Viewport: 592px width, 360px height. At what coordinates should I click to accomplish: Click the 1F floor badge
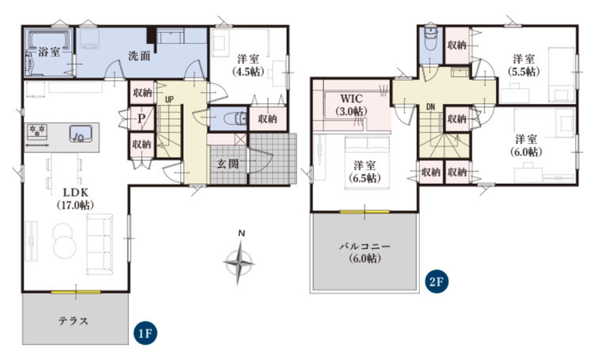pyautogui.click(x=146, y=334)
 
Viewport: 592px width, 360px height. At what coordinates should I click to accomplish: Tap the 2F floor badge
pyautogui.click(x=438, y=282)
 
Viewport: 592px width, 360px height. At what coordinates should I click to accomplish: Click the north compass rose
pyautogui.click(x=239, y=259)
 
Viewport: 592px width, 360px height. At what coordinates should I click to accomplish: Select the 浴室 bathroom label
pyautogui.click(x=49, y=52)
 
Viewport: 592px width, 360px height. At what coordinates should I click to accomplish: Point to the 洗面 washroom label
pyautogui.click(x=139, y=56)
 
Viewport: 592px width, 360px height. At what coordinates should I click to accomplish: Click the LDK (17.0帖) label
pyautogui.click(x=75, y=199)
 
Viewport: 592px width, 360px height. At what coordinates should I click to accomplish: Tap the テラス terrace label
pyautogui.click(x=74, y=321)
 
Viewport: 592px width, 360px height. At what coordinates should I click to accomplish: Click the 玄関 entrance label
pyautogui.click(x=228, y=163)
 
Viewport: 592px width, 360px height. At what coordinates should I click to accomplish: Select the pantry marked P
pyautogui.click(x=142, y=119)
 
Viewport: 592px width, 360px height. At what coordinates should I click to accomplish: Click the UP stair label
pyautogui.click(x=169, y=100)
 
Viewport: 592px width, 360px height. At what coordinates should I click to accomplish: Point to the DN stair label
pyautogui.click(x=430, y=107)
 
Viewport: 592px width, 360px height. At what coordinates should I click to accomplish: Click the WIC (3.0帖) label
pyautogui.click(x=351, y=105)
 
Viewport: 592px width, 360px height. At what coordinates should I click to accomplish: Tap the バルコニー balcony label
pyautogui.click(x=364, y=253)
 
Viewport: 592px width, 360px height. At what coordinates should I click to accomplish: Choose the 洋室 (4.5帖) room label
pyautogui.click(x=249, y=65)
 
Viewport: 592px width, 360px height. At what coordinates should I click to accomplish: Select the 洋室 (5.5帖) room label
pyautogui.click(x=524, y=65)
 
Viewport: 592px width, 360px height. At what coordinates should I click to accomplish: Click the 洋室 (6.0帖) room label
pyautogui.click(x=526, y=146)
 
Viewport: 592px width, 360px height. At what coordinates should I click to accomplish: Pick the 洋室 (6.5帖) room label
pyautogui.click(x=364, y=172)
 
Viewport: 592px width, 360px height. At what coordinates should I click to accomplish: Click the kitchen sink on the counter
pyautogui.click(x=81, y=134)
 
